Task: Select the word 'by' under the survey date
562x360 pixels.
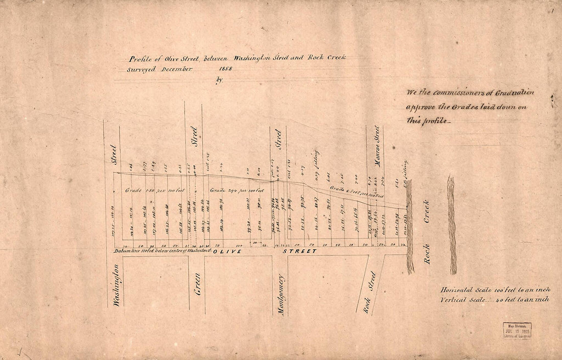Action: (220, 80)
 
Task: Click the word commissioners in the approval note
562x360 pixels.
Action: (462, 93)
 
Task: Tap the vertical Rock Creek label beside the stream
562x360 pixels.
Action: (427, 231)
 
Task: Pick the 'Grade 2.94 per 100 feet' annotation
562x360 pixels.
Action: (236, 190)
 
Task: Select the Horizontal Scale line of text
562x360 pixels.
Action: (495, 290)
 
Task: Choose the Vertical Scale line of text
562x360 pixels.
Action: (495, 300)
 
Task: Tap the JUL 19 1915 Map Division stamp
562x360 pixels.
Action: (517, 331)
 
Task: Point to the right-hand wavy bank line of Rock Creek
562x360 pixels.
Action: (452, 225)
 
